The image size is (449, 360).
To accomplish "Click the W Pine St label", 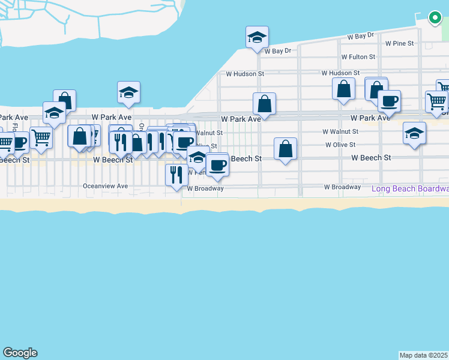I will click(399, 43).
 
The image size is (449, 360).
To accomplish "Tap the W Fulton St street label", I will click(358, 57).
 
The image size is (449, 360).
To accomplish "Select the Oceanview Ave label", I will click(106, 186).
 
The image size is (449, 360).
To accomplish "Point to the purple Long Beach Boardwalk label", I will click(410, 188).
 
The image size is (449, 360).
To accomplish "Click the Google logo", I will click(20, 353).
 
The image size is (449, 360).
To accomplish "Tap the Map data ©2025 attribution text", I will click(424, 355).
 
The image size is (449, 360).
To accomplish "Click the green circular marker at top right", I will click(435, 18).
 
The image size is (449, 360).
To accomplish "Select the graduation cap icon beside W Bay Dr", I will click(257, 38).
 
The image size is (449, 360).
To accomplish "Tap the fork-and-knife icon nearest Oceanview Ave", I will click(176, 175).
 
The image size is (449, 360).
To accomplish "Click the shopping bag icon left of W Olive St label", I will click(286, 149).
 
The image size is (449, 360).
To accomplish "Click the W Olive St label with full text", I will click(340, 145).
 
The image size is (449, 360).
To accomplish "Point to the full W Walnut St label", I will click(340, 131).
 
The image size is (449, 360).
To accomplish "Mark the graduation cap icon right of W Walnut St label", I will click(414, 133).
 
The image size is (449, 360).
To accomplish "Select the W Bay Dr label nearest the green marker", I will click(360, 37).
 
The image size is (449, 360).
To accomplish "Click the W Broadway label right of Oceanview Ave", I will click(205, 188).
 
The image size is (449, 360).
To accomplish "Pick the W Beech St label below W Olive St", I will click(371, 158).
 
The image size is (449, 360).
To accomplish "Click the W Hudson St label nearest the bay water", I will click(244, 74).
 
